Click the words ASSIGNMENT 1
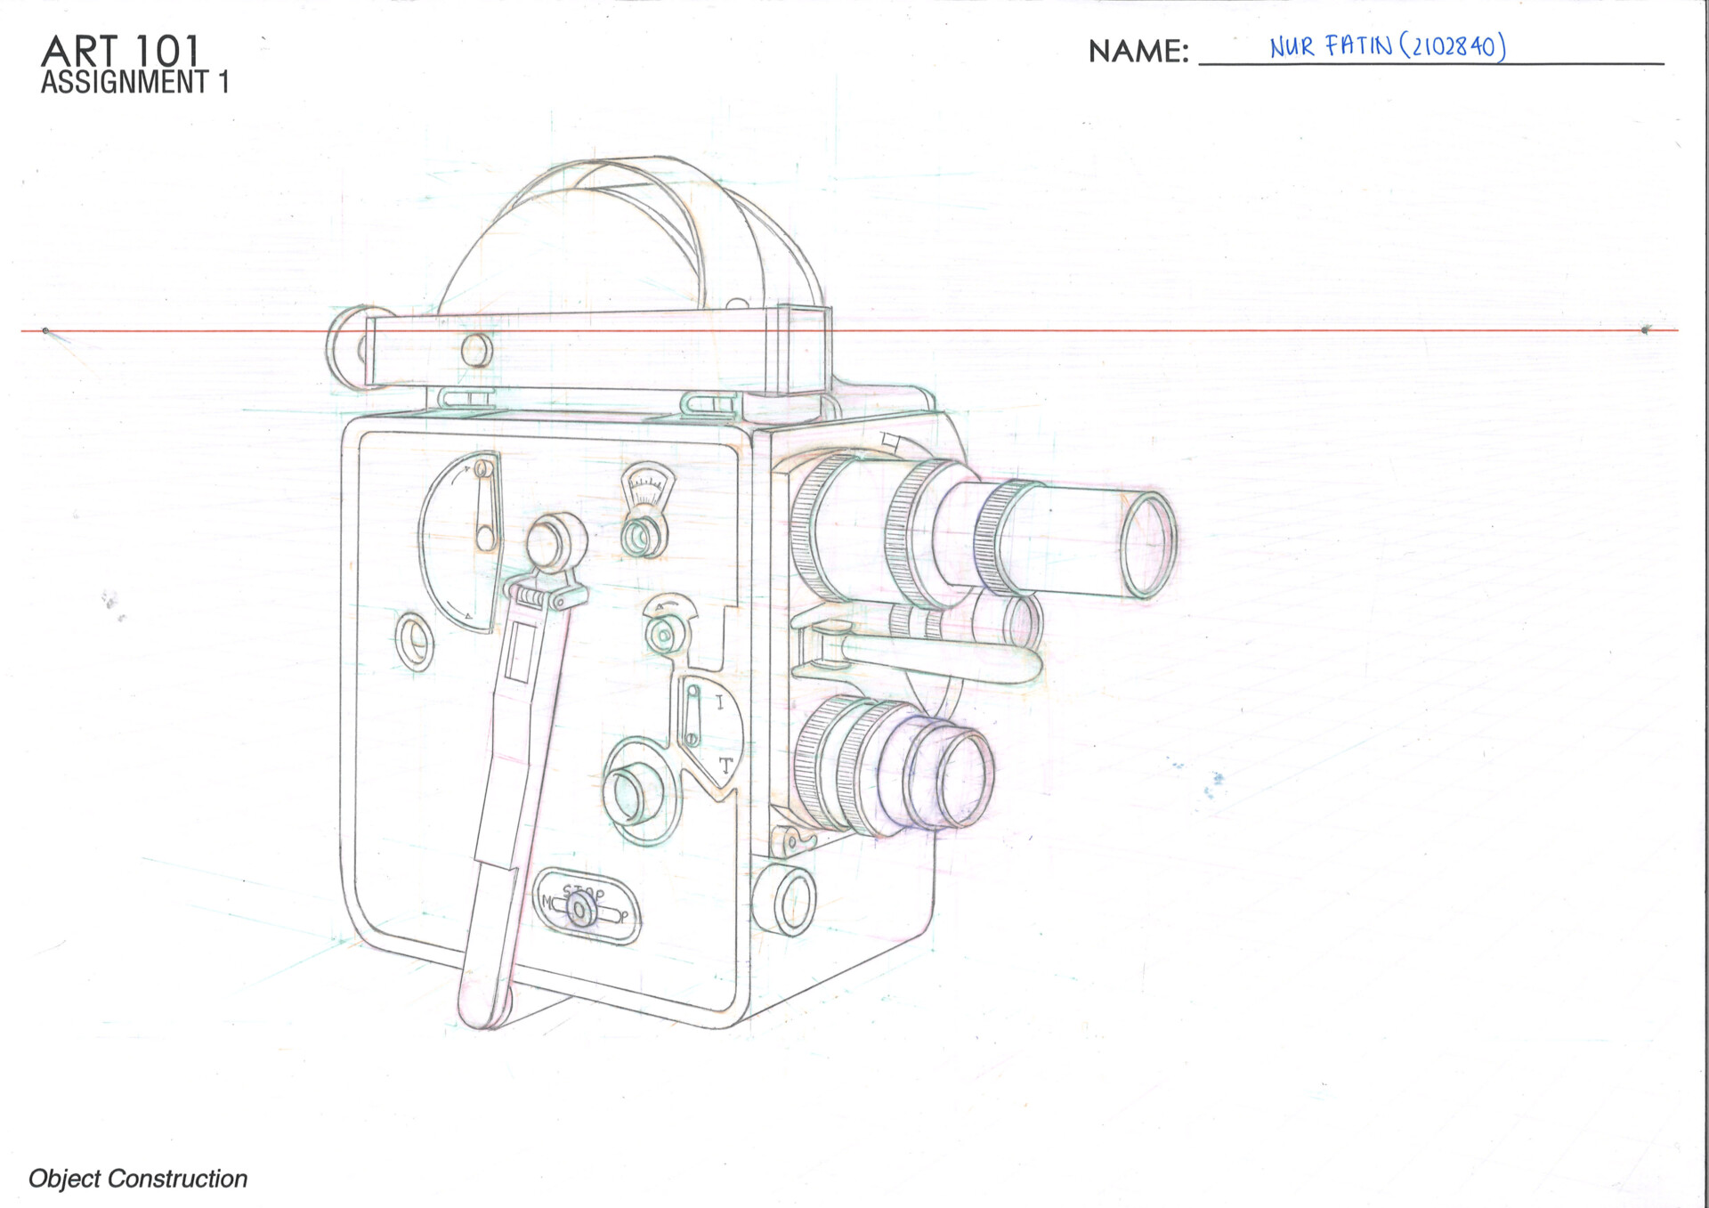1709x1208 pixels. click(134, 83)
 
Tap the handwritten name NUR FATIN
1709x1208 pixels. click(1330, 46)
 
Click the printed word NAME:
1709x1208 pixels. click(1138, 52)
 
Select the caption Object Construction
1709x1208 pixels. click(138, 1178)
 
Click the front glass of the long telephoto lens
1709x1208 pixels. click(1147, 544)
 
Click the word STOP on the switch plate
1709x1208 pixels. click(584, 891)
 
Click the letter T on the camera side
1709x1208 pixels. click(725, 765)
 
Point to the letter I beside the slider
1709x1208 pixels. click(719, 703)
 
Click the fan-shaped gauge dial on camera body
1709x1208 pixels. click(647, 486)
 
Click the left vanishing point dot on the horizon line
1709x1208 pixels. click(45, 331)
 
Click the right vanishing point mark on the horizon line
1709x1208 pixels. click(1645, 330)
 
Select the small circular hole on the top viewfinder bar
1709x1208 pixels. click(476, 349)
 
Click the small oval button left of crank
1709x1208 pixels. click(414, 640)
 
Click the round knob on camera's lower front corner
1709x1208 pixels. click(785, 900)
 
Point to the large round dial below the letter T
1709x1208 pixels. click(636, 791)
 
